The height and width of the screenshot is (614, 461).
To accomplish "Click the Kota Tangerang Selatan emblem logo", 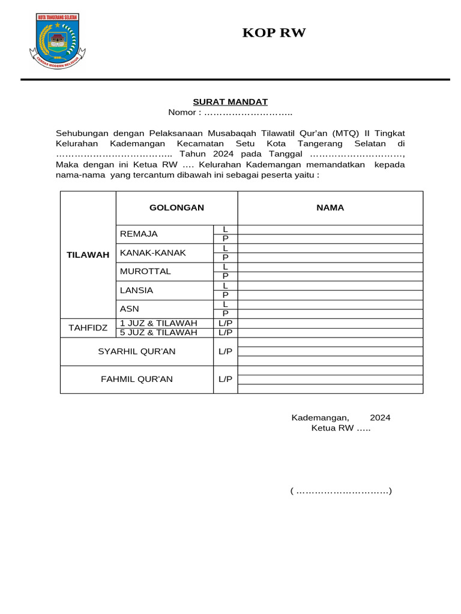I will [58, 41].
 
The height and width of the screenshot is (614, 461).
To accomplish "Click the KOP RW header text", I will [274, 33].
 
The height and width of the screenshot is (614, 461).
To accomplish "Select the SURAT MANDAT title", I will [230, 102].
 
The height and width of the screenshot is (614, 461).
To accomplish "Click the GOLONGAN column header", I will [176, 207].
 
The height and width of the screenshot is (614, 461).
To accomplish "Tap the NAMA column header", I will [330, 207].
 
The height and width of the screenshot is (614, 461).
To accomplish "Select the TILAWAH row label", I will [88, 255].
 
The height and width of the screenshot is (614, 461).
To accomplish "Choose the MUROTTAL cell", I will [145, 271].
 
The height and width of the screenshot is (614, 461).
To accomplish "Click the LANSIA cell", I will [137, 290].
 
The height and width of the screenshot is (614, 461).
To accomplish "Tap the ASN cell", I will [130, 309].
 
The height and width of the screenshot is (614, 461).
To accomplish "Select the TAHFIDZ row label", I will [88, 327].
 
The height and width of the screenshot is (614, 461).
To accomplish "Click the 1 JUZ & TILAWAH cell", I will [158, 323].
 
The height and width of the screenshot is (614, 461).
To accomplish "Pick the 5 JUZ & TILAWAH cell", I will [158, 332].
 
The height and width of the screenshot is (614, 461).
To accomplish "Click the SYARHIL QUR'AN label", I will [137, 351].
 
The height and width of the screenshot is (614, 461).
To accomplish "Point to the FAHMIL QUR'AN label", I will [137, 379].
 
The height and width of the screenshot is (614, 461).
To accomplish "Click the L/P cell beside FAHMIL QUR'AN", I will [225, 379].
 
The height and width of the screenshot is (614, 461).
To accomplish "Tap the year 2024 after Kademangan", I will [380, 418].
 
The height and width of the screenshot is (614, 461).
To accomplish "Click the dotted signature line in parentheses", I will [341, 492].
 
